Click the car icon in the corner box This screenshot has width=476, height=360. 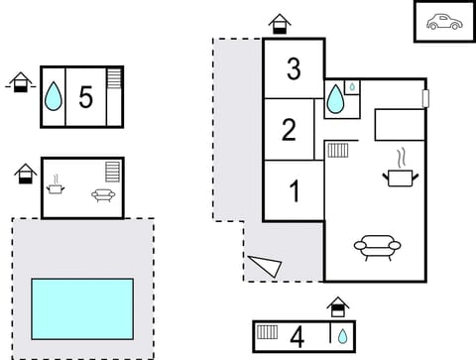click(442, 22)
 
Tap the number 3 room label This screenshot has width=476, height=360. click(294, 69)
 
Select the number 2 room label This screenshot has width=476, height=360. click(289, 130)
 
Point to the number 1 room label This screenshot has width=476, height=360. click(294, 191)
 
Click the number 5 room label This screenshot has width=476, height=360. click(85, 97)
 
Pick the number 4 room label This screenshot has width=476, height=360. click(297, 336)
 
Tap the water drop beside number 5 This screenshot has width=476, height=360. click(53, 97)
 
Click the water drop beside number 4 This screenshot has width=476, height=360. click(342, 336)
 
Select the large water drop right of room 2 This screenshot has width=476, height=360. click(336, 99)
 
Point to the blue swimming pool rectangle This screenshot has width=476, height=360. click(82, 307)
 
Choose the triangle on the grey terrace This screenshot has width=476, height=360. click(266, 265)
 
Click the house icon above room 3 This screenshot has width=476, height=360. click(281, 23)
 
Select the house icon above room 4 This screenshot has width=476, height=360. click(338, 305)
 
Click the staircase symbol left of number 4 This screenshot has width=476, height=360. click(267, 335)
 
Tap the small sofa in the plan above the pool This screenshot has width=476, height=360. click(103, 195)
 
